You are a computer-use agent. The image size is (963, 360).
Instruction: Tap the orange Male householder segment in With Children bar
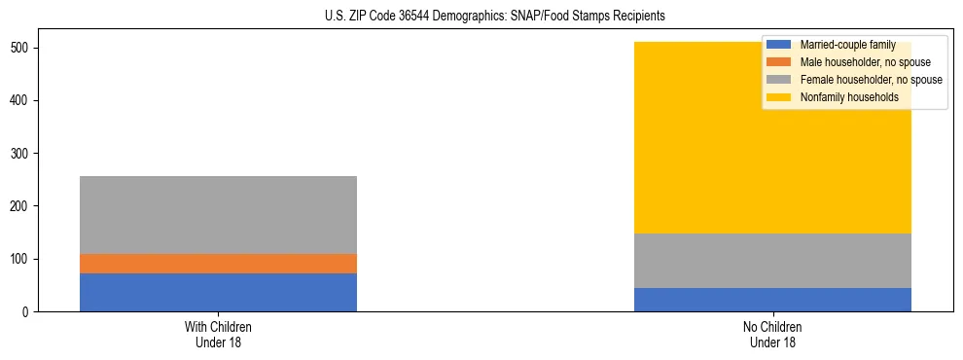(x=218, y=263)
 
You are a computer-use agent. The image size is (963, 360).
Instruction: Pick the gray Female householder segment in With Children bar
(x=218, y=214)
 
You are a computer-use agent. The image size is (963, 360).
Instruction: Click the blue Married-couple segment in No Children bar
(x=772, y=300)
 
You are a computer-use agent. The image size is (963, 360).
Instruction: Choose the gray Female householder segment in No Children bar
(x=772, y=261)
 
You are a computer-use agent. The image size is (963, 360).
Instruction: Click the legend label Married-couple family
(x=847, y=45)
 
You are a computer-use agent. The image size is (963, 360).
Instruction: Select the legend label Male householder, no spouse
(x=865, y=62)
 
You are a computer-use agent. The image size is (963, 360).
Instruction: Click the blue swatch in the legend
(x=779, y=45)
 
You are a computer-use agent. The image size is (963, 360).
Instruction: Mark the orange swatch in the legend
(x=779, y=62)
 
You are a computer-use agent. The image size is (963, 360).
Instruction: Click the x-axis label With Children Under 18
(x=218, y=335)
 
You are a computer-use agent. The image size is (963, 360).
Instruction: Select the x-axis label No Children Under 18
(x=772, y=335)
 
